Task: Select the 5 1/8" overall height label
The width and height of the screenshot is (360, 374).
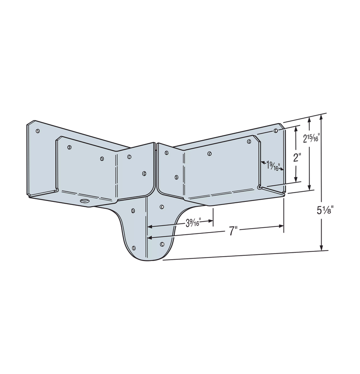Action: (325, 209)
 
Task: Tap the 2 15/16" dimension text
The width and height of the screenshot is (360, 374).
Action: (311, 139)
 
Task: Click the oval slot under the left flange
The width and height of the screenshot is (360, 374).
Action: (84, 201)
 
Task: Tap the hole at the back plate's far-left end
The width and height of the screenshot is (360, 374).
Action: (38, 131)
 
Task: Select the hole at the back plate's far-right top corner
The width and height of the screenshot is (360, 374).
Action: (276, 131)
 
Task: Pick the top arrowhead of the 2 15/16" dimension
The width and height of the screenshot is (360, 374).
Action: (310, 119)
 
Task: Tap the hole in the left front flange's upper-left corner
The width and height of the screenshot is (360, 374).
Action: (69, 147)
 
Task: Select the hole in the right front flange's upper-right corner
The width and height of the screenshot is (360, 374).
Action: (249, 141)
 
